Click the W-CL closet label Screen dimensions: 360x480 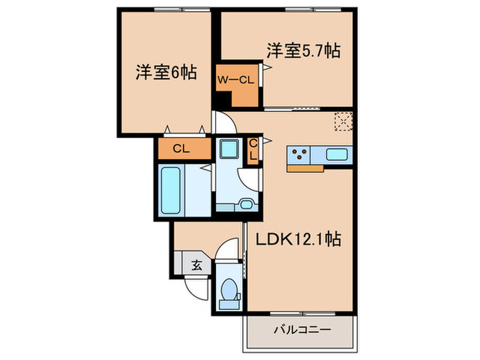(236, 80)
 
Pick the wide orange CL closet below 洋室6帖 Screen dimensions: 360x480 (182, 148)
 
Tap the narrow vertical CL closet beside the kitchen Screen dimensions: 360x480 (253, 150)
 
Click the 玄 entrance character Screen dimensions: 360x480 (196, 263)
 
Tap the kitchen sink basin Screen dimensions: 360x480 (337, 154)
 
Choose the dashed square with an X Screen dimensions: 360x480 (342, 121)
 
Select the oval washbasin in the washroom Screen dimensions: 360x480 (248, 202)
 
